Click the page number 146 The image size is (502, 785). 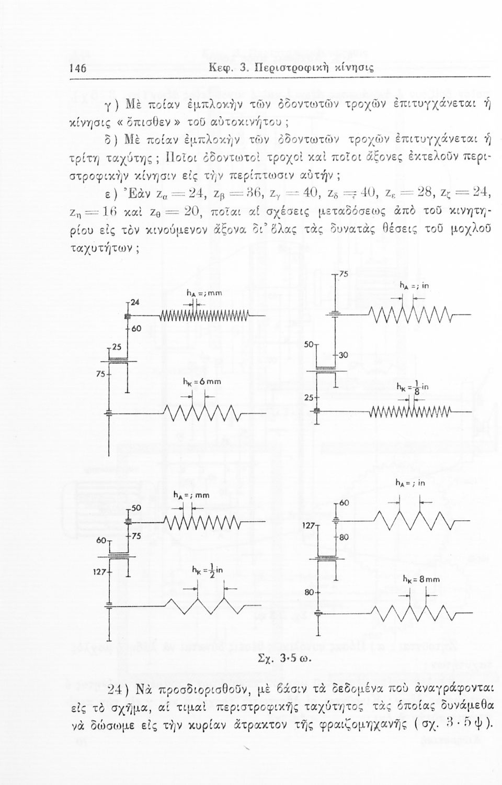78,69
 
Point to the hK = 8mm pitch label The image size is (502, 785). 422,579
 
